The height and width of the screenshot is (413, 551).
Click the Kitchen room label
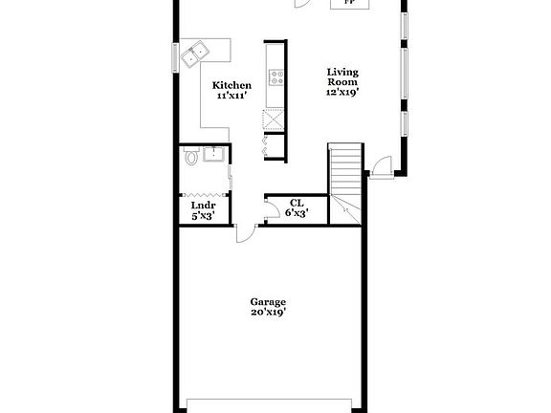[x=231, y=85]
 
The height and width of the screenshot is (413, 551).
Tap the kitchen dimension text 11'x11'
[x=231, y=96]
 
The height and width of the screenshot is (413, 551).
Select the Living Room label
[x=342, y=76]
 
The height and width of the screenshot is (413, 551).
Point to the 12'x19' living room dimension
[x=342, y=93]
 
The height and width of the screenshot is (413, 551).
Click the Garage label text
[x=269, y=301]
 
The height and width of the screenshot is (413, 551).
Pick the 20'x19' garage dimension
[x=269, y=312]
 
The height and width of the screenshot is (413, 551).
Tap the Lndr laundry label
[x=203, y=206]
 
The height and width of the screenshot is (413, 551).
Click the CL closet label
[x=297, y=203]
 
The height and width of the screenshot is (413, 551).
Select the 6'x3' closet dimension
[x=297, y=213]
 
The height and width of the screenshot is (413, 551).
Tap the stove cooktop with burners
[x=275, y=77]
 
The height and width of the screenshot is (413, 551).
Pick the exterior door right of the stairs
[x=380, y=166]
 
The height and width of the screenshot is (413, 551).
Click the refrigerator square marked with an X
[x=275, y=120]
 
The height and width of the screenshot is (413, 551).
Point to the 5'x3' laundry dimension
[x=203, y=216]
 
